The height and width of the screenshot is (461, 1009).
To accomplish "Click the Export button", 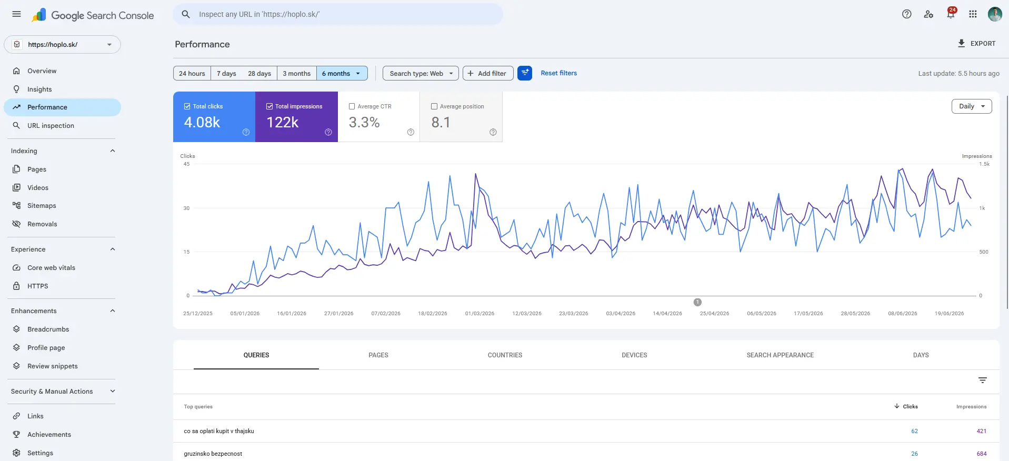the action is click(x=976, y=44).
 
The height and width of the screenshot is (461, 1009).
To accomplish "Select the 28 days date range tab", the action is click(x=259, y=74).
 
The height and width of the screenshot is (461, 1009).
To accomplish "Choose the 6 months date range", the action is click(x=341, y=74).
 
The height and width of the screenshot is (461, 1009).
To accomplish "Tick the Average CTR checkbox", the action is click(x=352, y=106).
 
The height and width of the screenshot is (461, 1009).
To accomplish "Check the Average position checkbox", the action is click(x=434, y=106).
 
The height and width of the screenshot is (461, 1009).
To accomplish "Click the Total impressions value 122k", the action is click(x=283, y=122).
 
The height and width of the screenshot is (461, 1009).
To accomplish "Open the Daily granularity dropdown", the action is click(x=972, y=106).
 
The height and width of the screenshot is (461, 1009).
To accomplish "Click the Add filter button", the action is click(x=488, y=74).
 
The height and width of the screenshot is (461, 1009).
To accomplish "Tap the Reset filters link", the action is click(x=559, y=73).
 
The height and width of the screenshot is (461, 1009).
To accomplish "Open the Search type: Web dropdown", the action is click(x=421, y=74).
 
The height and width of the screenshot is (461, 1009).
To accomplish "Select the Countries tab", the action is click(x=505, y=355).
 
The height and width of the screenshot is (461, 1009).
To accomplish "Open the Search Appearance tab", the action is click(x=780, y=355).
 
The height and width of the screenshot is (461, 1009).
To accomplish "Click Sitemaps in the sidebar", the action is click(x=42, y=206).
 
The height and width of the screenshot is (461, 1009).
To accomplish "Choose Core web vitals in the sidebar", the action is click(x=51, y=268).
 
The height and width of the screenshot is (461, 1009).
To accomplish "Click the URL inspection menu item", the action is click(x=51, y=126).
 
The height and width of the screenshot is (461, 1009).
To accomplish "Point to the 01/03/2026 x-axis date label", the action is click(x=479, y=314).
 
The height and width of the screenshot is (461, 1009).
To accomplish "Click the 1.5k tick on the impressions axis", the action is click(x=984, y=164).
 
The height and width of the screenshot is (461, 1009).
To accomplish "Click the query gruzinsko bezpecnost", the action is click(x=213, y=454).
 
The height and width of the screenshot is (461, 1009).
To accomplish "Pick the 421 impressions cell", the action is click(x=982, y=431).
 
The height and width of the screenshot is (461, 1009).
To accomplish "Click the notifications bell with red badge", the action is click(x=951, y=14).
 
